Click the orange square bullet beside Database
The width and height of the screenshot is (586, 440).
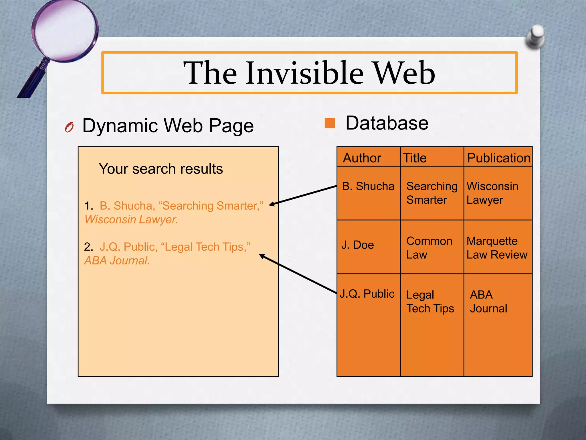pyautogui.click(x=330, y=123)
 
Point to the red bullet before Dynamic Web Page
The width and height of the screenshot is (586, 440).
pyautogui.click(x=69, y=127)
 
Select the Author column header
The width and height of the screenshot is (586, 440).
pyautogui.click(x=362, y=158)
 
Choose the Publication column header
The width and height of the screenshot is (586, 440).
pyautogui.click(x=498, y=158)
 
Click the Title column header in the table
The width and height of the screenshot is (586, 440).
pyautogui.click(x=415, y=158)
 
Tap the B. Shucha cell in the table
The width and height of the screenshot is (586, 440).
pyautogui.click(x=368, y=186)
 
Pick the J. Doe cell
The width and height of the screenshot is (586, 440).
pyautogui.click(x=358, y=245)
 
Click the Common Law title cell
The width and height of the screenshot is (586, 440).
pyautogui.click(x=429, y=248)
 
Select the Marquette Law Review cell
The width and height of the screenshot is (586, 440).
pyautogui.click(x=497, y=248)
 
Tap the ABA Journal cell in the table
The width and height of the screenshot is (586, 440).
pyautogui.click(x=488, y=302)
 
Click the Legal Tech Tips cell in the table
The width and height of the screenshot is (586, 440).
pyautogui.click(x=430, y=302)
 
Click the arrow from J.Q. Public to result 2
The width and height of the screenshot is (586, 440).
pyautogui.click(x=298, y=274)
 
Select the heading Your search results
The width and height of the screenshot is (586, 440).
pyautogui.click(x=161, y=169)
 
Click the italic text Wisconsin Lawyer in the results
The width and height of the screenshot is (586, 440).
pyautogui.click(x=131, y=220)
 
